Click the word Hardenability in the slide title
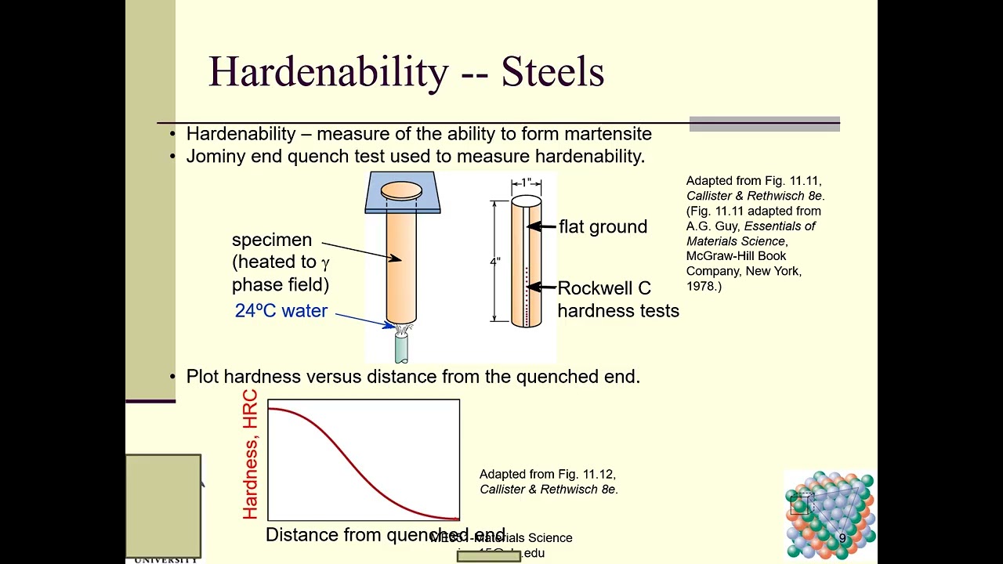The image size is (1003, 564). (328, 72)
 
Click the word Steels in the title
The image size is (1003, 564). (552, 72)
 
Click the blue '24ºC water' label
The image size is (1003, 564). (281, 311)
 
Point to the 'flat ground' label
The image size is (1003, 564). (603, 227)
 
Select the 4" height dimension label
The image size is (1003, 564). (495, 261)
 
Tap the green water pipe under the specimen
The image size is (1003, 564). (401, 349)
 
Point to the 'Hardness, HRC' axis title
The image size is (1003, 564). (250, 454)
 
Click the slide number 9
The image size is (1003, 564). (842, 539)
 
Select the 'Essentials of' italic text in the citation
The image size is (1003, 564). (780, 226)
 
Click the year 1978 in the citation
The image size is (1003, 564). (701, 287)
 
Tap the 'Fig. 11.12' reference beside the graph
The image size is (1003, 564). (586, 475)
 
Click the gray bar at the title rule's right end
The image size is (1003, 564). (764, 124)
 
